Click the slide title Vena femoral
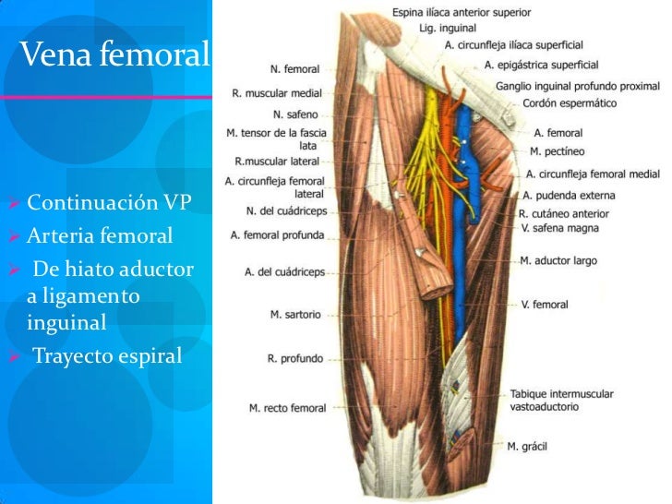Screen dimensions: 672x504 (114, 55)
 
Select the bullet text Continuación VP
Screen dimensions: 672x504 (108, 202)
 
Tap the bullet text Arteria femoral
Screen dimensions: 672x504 (99, 236)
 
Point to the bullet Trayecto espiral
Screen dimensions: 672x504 (107, 354)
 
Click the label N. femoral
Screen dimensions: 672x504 (294, 68)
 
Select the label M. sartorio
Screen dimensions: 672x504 (295, 314)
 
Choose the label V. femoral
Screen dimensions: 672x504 (544, 304)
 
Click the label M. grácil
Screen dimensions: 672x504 (527, 446)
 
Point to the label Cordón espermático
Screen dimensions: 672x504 (570, 103)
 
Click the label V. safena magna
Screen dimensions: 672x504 (558, 227)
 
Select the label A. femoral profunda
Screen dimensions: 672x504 (277, 234)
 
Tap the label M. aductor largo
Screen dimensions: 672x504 (558, 261)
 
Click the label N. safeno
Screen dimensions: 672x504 (295, 115)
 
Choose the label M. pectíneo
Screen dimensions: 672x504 (558, 150)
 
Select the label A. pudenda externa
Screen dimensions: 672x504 (568, 195)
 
